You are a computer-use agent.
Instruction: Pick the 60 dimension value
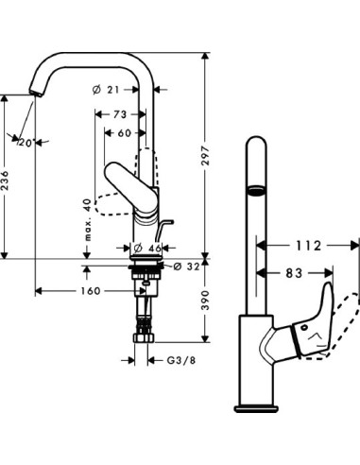point(125,132)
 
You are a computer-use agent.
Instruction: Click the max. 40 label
point(87,219)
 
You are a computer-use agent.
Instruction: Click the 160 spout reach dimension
point(91,291)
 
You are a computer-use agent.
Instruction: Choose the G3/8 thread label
point(175,359)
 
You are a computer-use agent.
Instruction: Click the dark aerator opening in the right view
point(252,191)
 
